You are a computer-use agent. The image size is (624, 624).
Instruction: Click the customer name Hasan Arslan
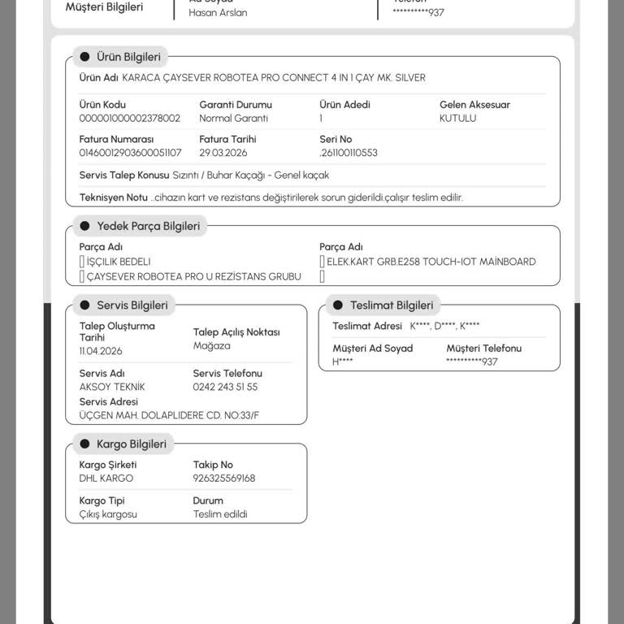click(x=218, y=13)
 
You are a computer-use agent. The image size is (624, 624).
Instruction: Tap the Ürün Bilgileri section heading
click(x=128, y=57)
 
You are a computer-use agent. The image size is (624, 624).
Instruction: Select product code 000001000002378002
click(x=130, y=118)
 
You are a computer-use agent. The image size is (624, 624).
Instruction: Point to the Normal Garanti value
click(x=233, y=118)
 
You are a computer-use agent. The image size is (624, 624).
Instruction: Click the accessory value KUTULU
click(x=457, y=118)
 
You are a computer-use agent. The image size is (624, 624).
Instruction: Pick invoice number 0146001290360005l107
click(x=130, y=153)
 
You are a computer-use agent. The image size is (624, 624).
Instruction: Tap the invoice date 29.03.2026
click(x=223, y=153)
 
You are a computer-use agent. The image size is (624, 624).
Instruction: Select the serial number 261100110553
click(x=349, y=153)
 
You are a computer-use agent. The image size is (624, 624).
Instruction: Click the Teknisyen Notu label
click(x=113, y=197)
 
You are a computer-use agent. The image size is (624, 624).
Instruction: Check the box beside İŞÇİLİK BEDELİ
click(x=82, y=262)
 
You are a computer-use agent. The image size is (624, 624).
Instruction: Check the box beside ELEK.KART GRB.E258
click(x=323, y=262)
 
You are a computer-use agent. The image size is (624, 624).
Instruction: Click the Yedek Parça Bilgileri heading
click(x=148, y=226)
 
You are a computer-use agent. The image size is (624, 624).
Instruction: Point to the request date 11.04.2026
click(x=101, y=351)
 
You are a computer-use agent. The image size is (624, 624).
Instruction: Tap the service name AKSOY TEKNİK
click(x=112, y=387)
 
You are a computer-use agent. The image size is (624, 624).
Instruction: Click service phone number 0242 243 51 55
click(x=225, y=387)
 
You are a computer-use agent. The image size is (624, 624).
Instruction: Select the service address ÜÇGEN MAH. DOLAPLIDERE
click(x=169, y=415)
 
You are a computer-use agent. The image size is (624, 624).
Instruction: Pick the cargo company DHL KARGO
click(x=106, y=479)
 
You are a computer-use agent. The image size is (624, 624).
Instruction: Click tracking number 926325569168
click(x=224, y=479)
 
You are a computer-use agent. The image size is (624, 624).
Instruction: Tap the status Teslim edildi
click(x=220, y=514)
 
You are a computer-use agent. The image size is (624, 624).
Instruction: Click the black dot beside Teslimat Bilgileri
click(x=338, y=305)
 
